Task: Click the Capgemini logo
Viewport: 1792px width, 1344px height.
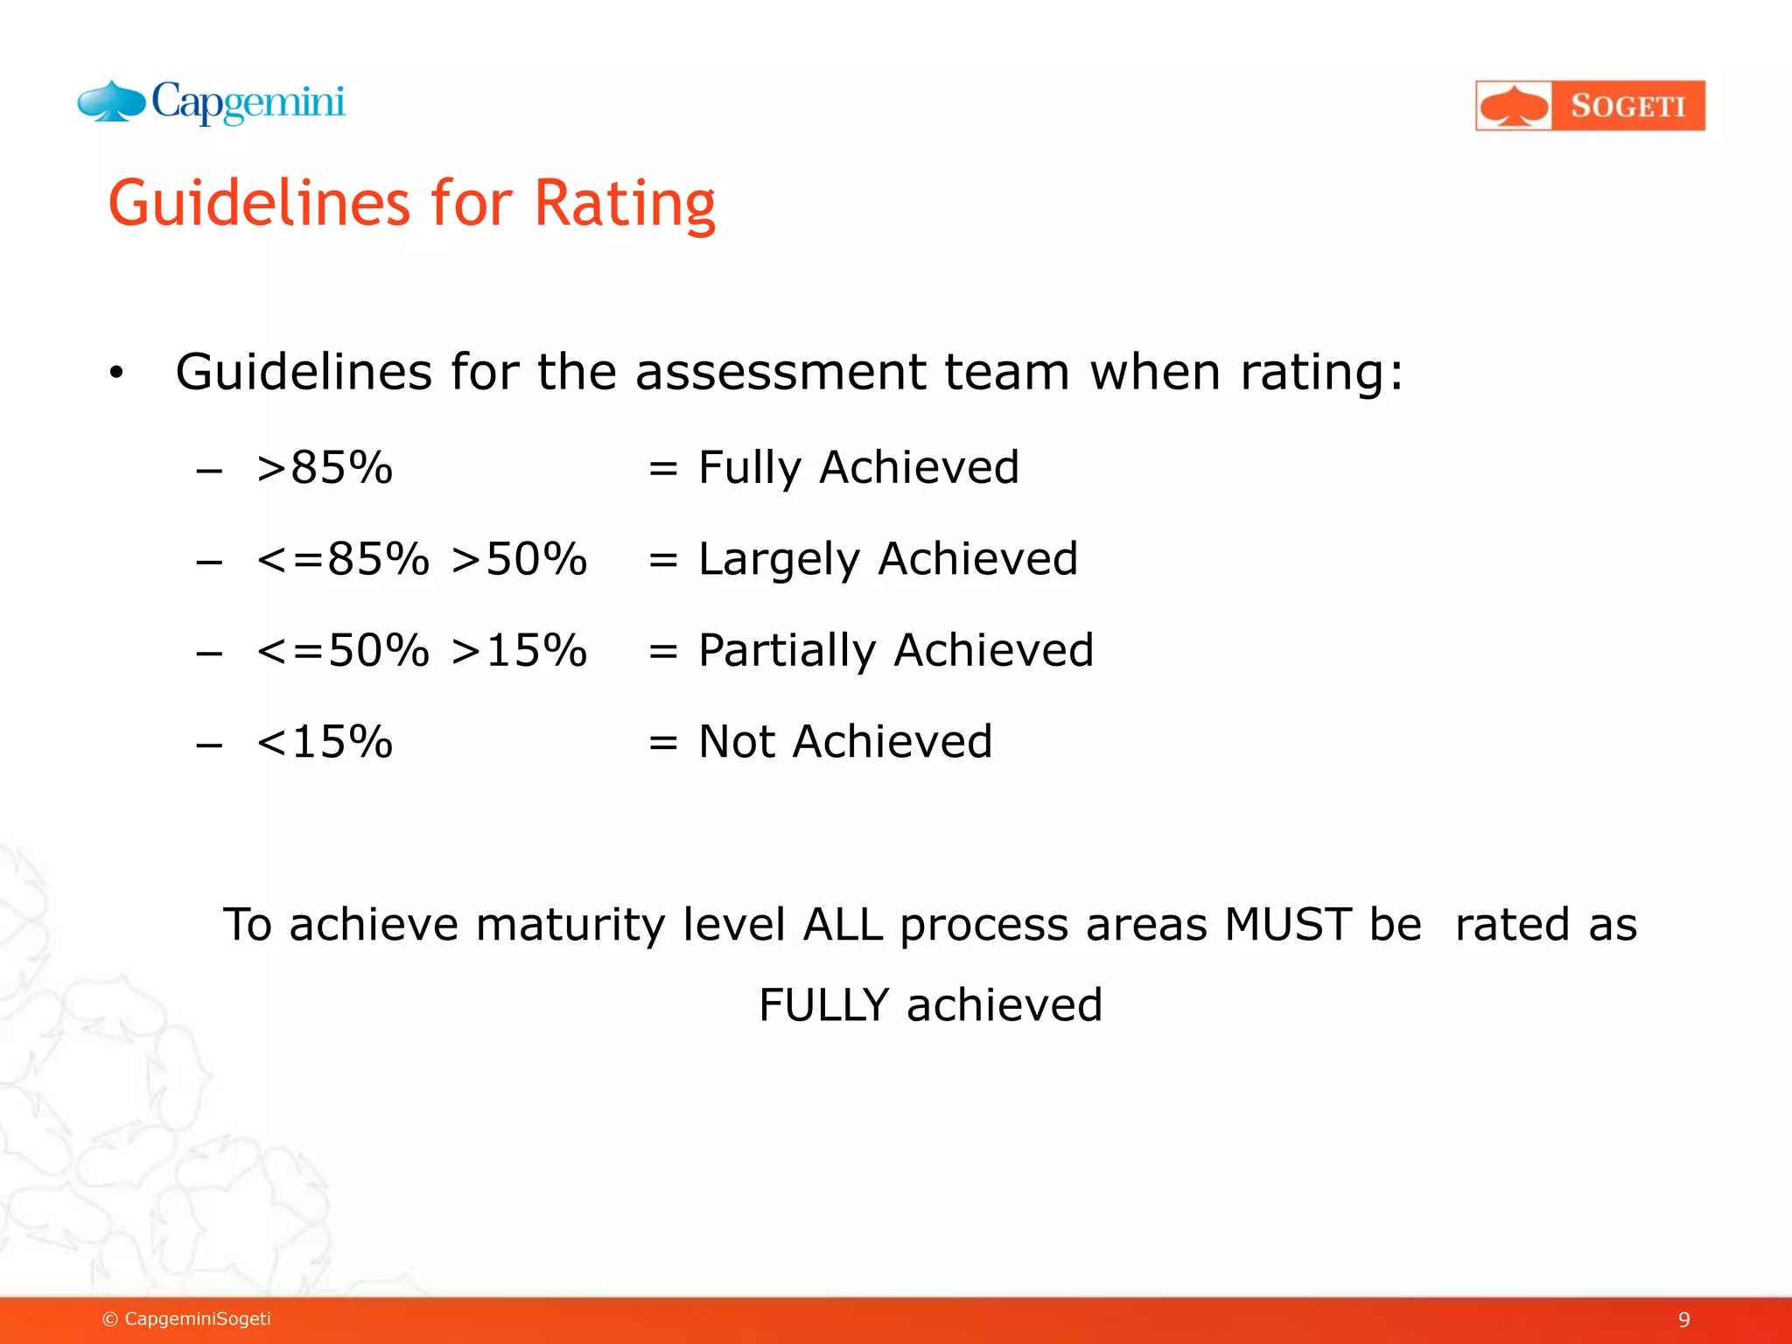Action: pos(212,103)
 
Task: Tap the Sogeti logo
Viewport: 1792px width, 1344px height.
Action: pos(1590,106)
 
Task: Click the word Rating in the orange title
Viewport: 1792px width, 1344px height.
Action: pos(625,204)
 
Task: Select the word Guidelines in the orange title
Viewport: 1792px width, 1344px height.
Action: pos(259,204)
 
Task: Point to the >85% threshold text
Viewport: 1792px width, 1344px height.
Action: pos(325,467)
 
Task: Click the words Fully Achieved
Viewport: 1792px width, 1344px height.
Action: pos(858,467)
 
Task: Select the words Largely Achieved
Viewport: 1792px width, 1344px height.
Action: pos(888,559)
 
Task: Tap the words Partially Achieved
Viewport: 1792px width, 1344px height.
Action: pos(896,651)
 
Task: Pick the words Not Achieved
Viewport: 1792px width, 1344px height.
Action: pos(845,742)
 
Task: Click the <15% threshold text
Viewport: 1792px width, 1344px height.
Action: pos(325,742)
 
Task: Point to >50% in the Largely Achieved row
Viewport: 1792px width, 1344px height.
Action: pos(519,559)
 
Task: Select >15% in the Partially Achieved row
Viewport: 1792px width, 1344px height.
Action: pos(519,651)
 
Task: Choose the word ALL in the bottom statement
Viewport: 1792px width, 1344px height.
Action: pos(843,925)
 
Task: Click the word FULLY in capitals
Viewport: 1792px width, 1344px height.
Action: pos(823,1005)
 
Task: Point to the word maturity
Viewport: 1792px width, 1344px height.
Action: pos(570,925)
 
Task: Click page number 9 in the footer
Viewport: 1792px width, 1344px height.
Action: pos(1683,1319)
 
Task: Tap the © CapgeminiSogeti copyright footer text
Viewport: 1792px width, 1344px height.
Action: pos(186,1319)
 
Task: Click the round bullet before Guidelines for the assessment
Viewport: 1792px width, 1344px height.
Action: pos(116,374)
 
